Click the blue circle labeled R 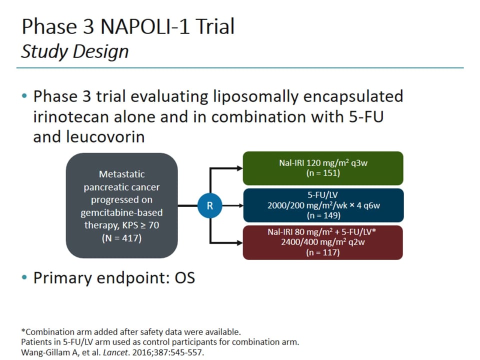pyautogui.click(x=209, y=205)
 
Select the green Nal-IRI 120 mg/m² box pyautogui.click(x=322, y=168)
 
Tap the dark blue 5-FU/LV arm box pyautogui.click(x=322, y=205)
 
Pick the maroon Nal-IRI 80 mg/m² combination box pyautogui.click(x=322, y=242)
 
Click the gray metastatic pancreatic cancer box pyautogui.click(x=121, y=205)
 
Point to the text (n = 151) pyautogui.click(x=322, y=173)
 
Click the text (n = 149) pyautogui.click(x=322, y=215)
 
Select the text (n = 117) pyautogui.click(x=322, y=253)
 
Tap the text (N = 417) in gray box pyautogui.click(x=121, y=238)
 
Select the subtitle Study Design pyautogui.click(x=75, y=51)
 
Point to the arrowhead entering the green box pyautogui.click(x=238, y=168)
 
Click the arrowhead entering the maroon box pyautogui.click(x=238, y=243)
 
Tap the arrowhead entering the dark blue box pyautogui.click(x=238, y=205)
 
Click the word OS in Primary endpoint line pyautogui.click(x=184, y=278)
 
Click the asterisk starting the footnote pyautogui.click(x=23, y=331)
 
